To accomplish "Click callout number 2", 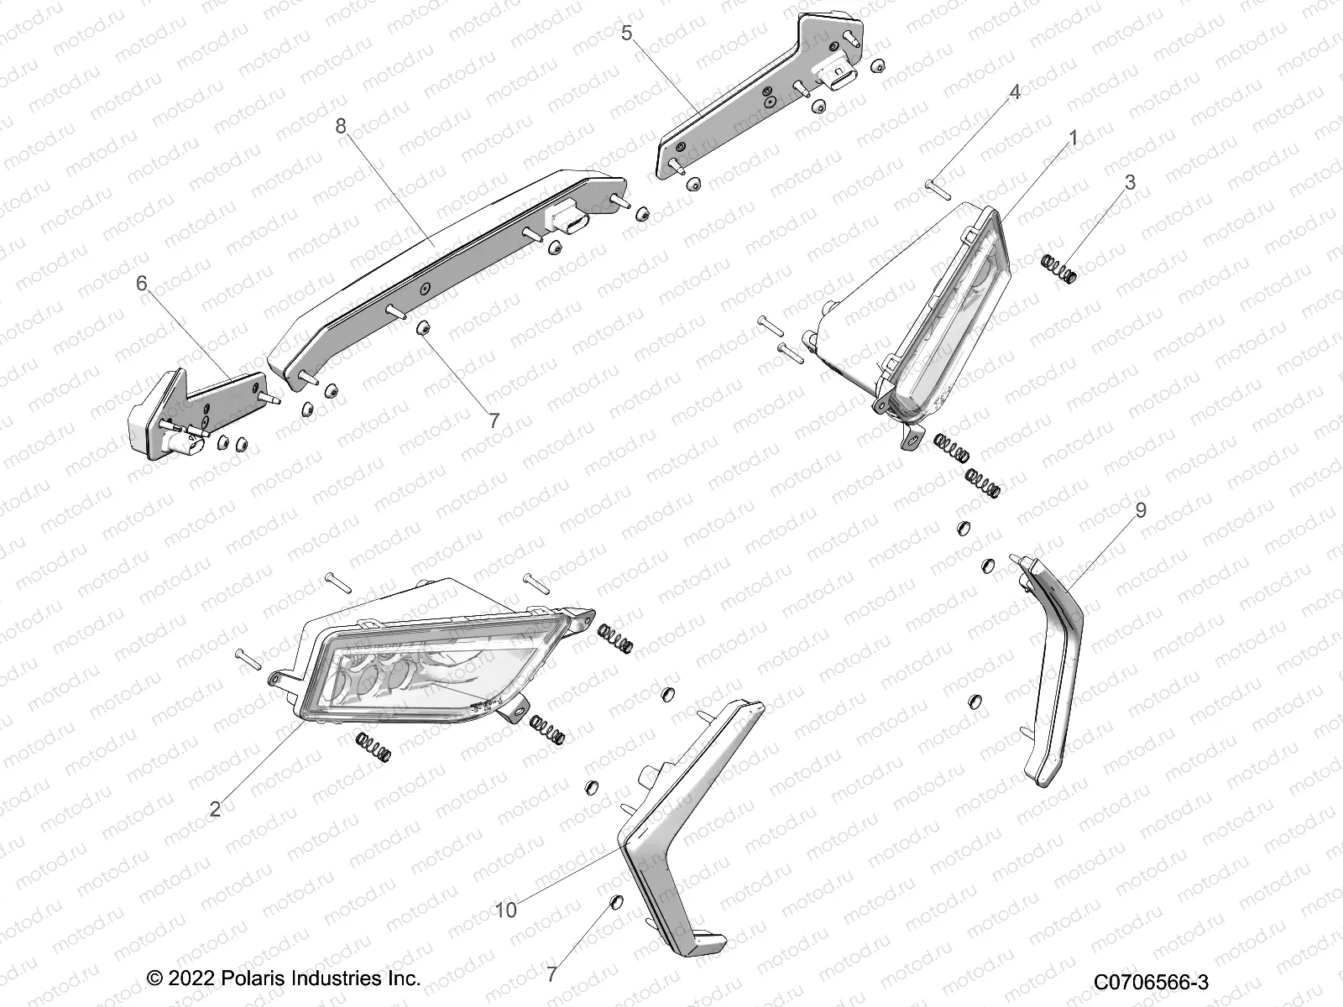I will point(215,809).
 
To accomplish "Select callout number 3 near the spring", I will point(1130,182).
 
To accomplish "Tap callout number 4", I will point(1014,92).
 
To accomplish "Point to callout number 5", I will point(626,34).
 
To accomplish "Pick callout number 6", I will point(142,284).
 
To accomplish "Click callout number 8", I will point(340,126).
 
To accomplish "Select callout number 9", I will point(1141,510).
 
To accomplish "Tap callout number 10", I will point(506,910).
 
